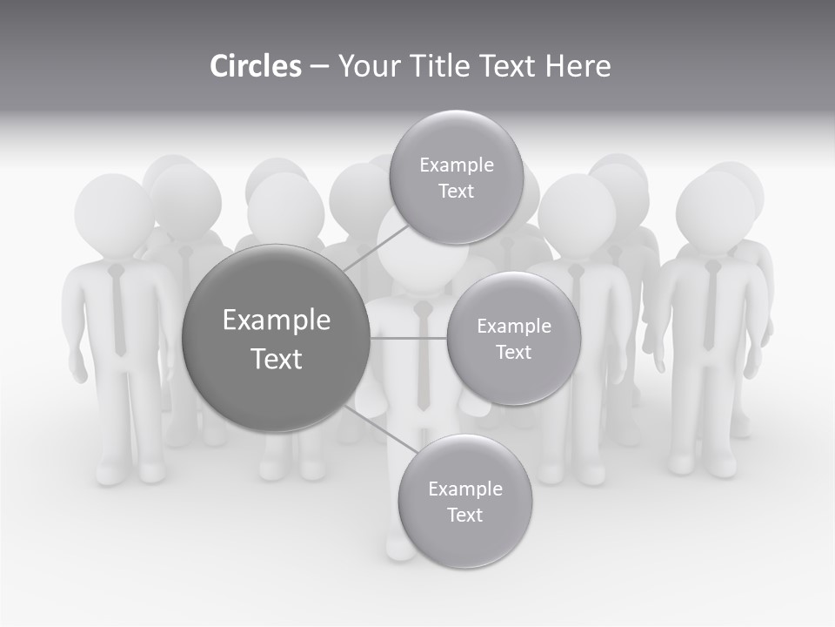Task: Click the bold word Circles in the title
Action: [255, 66]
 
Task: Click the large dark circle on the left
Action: [275, 339]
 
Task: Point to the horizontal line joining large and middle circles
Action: [408, 338]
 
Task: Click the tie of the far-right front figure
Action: [711, 305]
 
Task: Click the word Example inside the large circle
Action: [276, 320]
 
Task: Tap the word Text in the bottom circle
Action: [464, 515]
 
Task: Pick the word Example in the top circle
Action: [457, 165]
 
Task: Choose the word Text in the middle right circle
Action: [513, 352]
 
